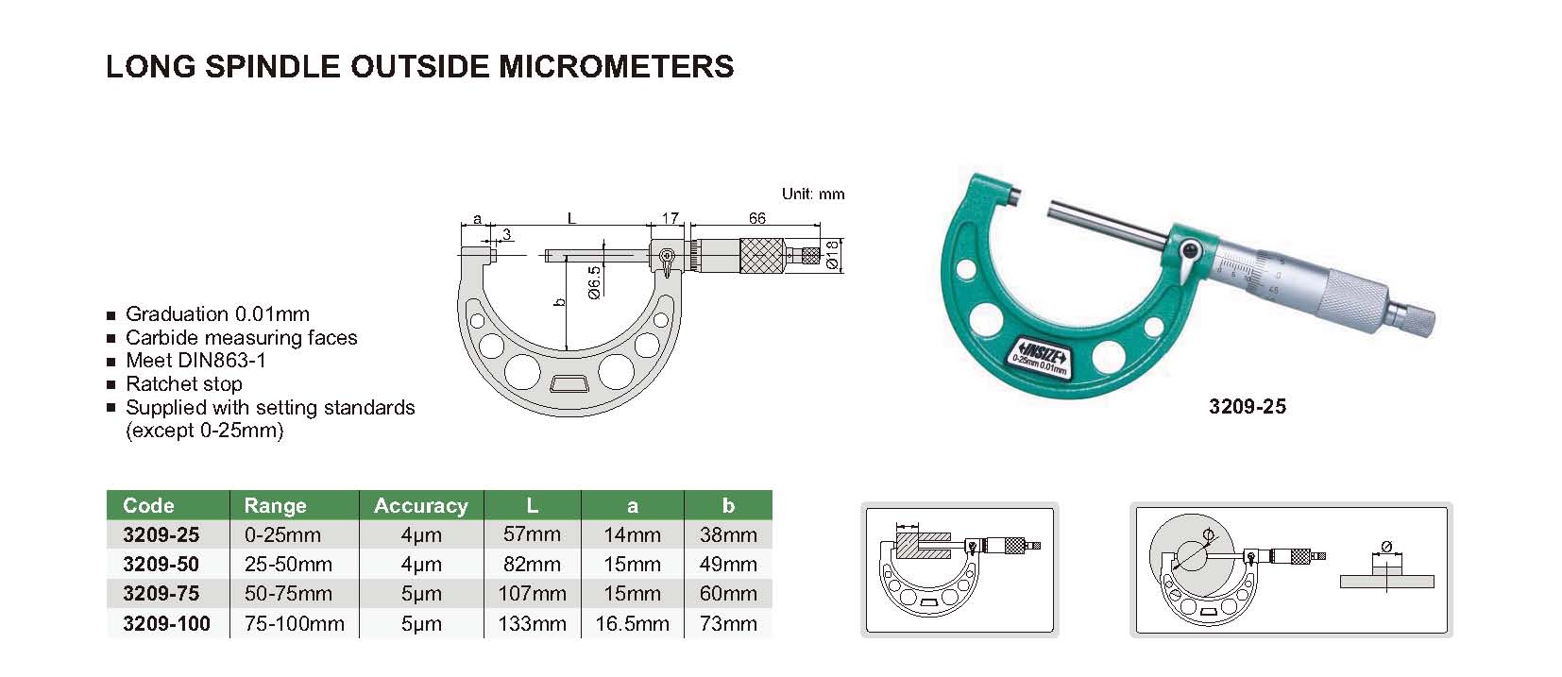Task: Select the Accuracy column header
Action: coord(420,505)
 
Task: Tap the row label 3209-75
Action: coord(161,593)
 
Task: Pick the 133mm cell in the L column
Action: coord(532,623)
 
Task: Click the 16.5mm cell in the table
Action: coord(632,623)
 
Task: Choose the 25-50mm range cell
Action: coord(288,564)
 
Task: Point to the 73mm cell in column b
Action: coord(728,623)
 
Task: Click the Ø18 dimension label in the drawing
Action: coord(831,255)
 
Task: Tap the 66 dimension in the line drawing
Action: coord(757,218)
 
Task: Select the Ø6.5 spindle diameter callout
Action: coord(593,282)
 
